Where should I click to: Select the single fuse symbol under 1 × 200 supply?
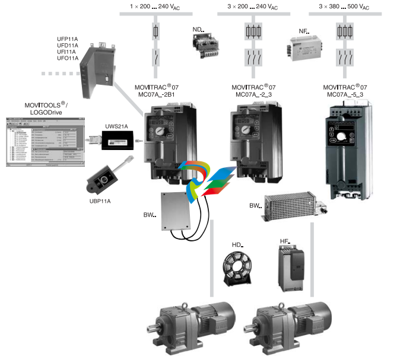[x=156, y=31]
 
